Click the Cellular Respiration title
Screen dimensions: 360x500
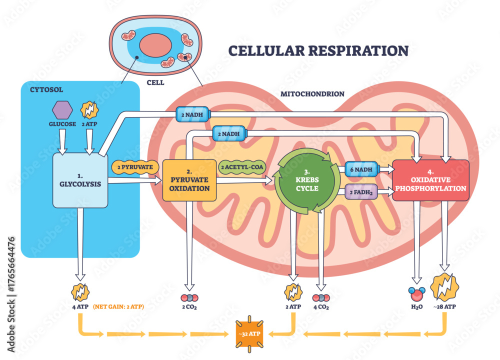(x=318, y=50)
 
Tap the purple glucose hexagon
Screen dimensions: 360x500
(x=62, y=109)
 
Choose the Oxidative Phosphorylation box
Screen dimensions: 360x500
(x=430, y=180)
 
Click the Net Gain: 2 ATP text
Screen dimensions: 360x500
(x=119, y=307)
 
